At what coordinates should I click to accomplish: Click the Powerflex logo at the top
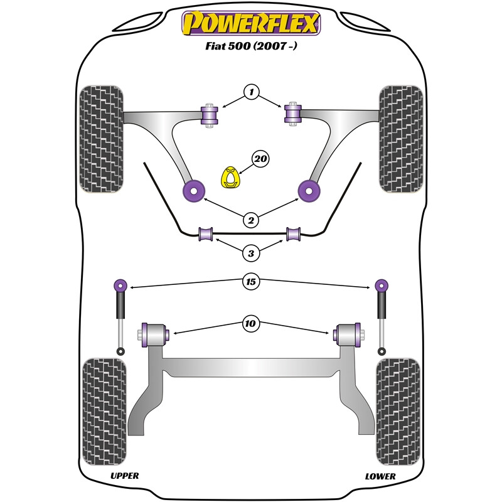click(251, 23)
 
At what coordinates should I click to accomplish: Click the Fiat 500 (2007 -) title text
click(251, 46)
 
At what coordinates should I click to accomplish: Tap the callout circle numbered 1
click(252, 92)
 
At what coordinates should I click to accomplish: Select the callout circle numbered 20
click(260, 159)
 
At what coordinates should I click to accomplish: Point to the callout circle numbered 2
click(251, 220)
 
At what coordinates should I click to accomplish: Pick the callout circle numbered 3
click(251, 254)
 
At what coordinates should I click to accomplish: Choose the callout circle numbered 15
click(250, 281)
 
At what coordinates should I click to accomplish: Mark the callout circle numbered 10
click(250, 323)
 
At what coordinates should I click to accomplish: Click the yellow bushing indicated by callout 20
click(230, 177)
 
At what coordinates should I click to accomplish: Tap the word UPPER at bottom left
click(124, 476)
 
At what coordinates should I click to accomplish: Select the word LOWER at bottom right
click(380, 476)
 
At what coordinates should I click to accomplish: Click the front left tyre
click(101, 139)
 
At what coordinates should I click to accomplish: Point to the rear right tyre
click(398, 412)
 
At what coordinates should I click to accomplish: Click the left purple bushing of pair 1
click(210, 115)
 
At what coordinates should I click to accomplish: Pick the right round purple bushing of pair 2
click(309, 191)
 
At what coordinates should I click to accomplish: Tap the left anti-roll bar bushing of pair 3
click(206, 234)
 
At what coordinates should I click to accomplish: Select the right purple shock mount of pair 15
click(382, 285)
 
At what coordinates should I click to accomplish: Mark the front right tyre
click(401, 139)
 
